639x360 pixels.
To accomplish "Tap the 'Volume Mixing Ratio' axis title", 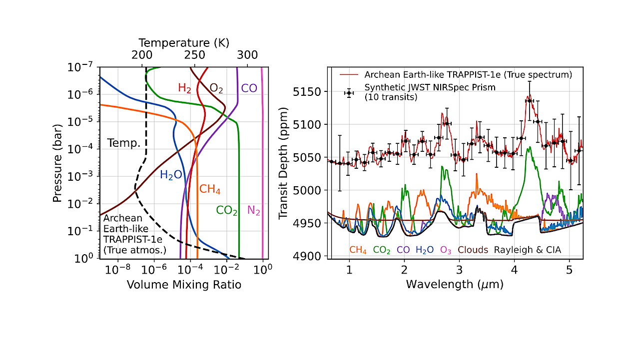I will tap(184, 285).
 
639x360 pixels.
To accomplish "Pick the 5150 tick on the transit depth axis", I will tap(309, 92).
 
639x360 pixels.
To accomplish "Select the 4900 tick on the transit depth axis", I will tap(309, 256).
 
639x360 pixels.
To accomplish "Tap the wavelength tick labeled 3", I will tap(459, 270).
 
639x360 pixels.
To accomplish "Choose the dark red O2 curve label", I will tap(216, 89).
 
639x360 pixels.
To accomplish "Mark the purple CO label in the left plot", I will tap(249, 88).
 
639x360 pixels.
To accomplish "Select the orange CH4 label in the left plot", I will tap(210, 189).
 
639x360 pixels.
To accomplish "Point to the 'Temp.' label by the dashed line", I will tap(123, 144).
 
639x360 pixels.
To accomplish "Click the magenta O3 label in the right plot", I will tap(446, 250).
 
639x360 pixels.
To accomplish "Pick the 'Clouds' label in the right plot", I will tap(473, 250).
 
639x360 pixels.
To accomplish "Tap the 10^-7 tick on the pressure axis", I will tap(81, 67).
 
